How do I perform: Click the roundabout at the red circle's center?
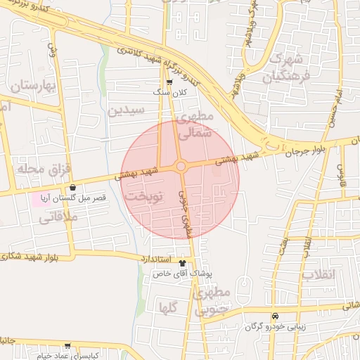click(x=181, y=166)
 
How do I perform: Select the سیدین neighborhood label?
click(x=127, y=110)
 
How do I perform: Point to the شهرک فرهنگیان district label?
click(x=285, y=67)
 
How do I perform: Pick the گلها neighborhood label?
click(x=168, y=307)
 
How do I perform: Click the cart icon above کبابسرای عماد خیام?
click(x=67, y=346)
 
